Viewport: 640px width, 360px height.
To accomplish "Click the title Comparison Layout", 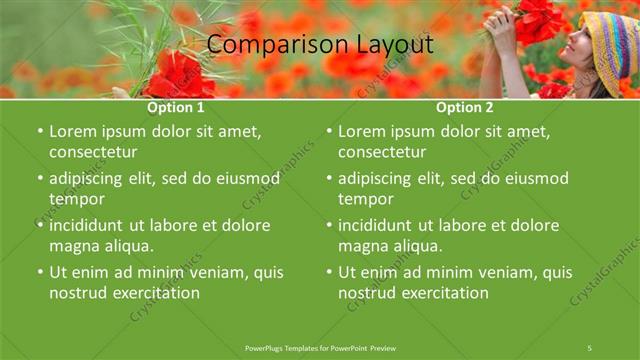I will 320,45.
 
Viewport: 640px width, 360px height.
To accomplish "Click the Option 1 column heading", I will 176,107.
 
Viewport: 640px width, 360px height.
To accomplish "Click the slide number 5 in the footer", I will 590,347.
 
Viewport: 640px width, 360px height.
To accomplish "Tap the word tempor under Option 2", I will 369,199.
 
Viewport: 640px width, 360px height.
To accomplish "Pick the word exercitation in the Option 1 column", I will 154,293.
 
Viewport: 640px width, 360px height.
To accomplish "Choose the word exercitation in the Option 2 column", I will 443,293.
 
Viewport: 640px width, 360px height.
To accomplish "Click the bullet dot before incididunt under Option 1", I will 39,226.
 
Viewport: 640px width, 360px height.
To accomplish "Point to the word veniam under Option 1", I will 199,272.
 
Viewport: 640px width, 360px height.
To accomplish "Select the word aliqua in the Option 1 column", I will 125,246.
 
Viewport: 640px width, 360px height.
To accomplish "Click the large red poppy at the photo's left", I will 180,75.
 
